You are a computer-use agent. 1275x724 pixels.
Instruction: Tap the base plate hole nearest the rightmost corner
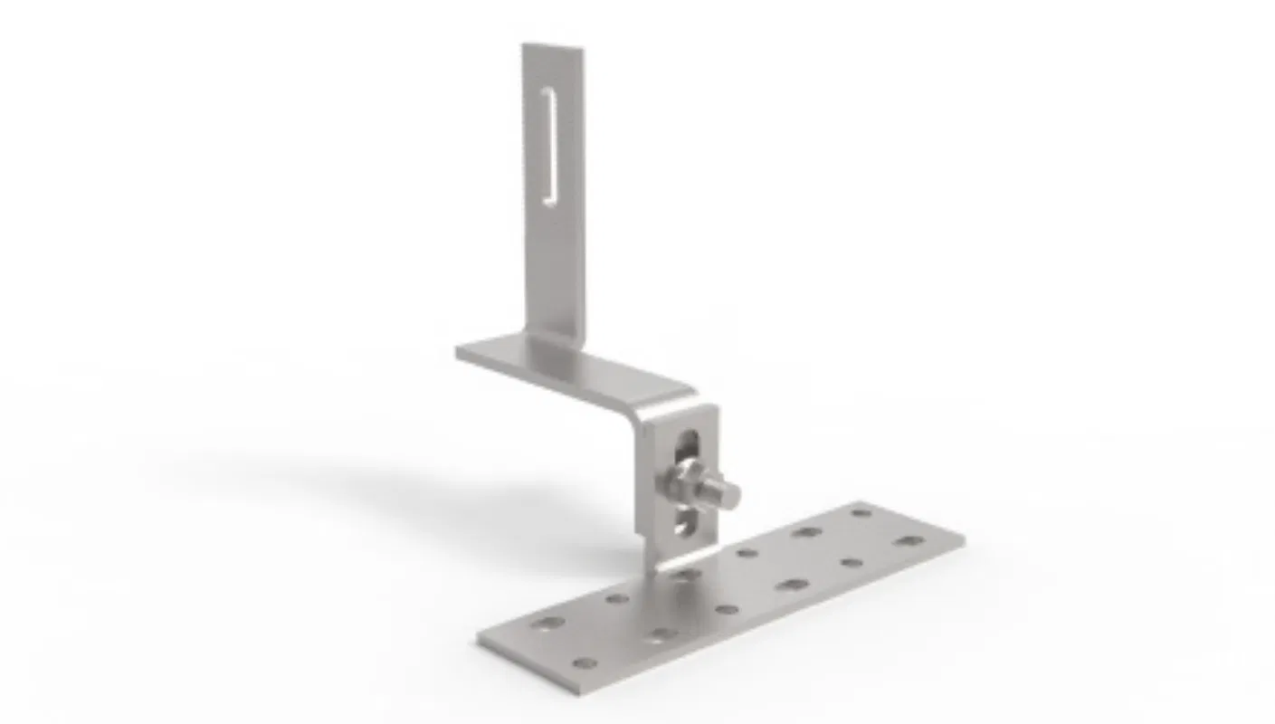coord(909,541)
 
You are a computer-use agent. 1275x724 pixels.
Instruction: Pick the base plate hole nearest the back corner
coord(861,512)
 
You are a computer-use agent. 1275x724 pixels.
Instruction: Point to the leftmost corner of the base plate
coord(481,637)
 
